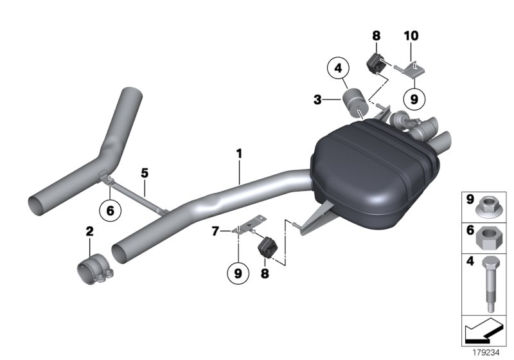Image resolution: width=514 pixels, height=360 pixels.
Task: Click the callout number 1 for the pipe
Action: [239, 154]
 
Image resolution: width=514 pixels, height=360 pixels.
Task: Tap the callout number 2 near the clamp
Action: [90, 231]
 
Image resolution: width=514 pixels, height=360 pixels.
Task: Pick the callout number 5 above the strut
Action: [145, 173]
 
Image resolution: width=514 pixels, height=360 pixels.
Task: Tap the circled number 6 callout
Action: [110, 210]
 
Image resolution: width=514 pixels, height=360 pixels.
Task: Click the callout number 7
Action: [217, 230]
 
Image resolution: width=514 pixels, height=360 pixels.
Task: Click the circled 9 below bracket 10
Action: [414, 99]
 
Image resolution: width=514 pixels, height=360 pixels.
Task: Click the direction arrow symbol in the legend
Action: [483, 333]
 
